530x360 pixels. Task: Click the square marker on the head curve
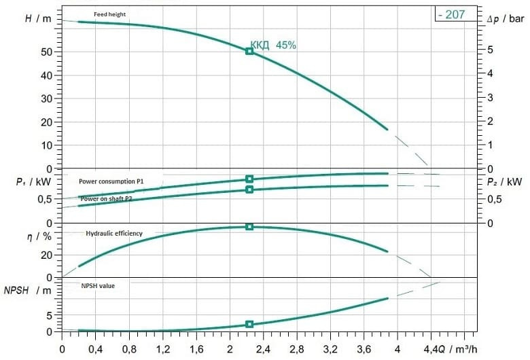point(249,51)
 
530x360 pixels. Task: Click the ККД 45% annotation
point(274,45)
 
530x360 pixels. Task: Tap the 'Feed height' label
point(109,14)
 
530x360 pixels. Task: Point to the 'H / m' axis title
point(38,19)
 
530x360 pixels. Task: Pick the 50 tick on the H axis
point(48,52)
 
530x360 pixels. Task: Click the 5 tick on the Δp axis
point(480,50)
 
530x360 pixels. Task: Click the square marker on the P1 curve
point(249,179)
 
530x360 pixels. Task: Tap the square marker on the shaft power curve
point(249,190)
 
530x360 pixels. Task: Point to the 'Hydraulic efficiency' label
point(114,233)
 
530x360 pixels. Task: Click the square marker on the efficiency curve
point(249,227)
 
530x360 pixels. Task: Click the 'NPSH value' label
point(98,286)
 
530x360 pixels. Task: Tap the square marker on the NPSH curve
point(249,324)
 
